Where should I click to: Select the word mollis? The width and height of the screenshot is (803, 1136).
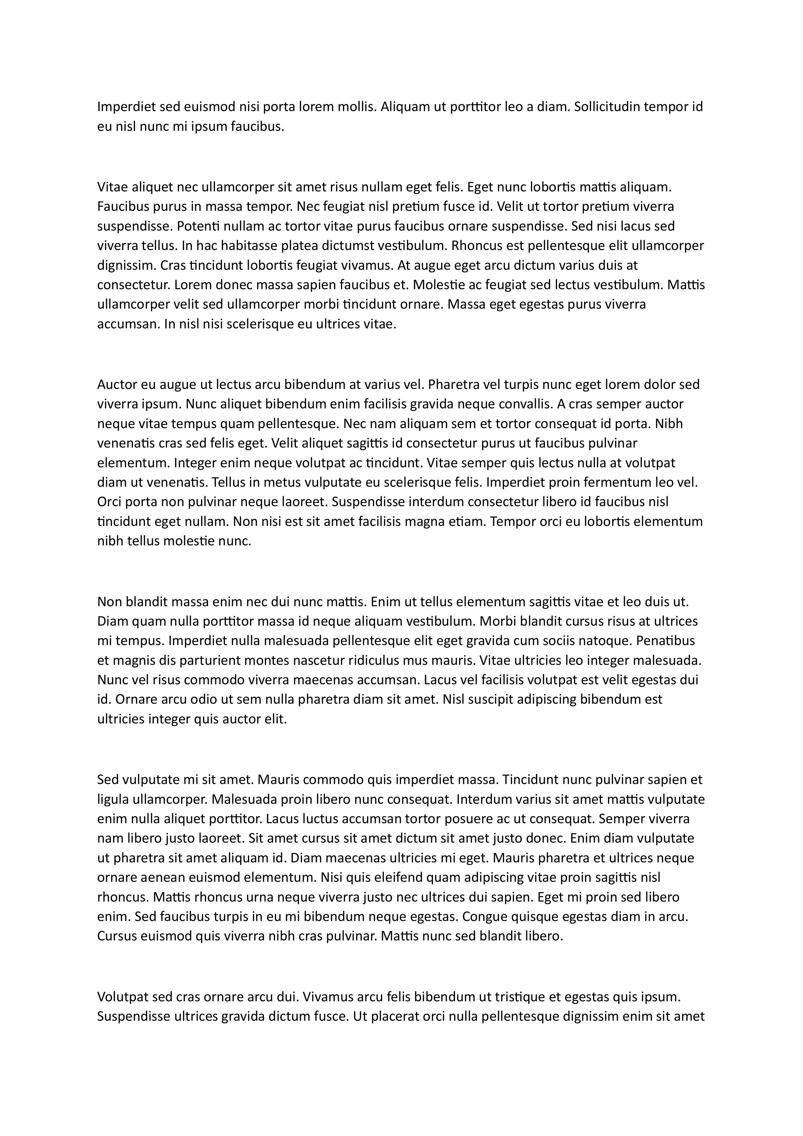click(354, 107)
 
